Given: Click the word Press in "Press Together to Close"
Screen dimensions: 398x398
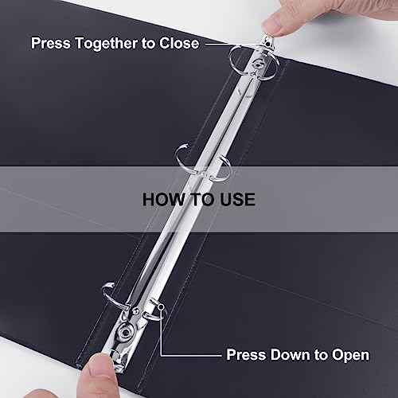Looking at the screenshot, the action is pos(50,43).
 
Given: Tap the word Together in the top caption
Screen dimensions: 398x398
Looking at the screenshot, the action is pos(106,44).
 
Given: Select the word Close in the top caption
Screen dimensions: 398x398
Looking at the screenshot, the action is pos(179,43).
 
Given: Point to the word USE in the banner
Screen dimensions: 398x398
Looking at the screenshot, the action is pos(237,200).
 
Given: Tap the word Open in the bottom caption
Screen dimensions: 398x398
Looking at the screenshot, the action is pos(351,356).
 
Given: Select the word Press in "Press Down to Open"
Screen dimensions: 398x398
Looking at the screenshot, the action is pos(246,354).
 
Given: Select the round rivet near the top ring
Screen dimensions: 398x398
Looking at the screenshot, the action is pos(257,64).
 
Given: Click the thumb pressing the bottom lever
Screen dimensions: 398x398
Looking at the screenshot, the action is pos(98,377).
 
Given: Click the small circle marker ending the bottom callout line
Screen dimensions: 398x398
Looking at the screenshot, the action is pos(161,307).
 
